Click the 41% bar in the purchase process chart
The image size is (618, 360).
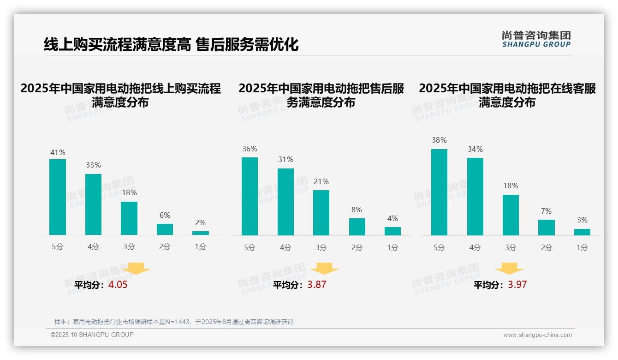click(58, 197)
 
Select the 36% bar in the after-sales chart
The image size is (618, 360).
click(250, 196)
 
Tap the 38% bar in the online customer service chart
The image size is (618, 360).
click(439, 192)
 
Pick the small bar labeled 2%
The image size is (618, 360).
click(201, 233)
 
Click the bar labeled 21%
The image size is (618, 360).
click(321, 213)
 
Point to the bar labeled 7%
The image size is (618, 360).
click(547, 228)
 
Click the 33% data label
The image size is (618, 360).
click(93, 165)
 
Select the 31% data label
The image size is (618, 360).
click(285, 160)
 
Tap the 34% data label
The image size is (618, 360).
click(475, 150)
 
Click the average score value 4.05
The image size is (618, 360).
click(118, 285)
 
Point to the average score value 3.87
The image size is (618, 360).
click(317, 285)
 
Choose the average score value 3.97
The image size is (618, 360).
click(517, 285)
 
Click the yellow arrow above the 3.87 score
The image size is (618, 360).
click(325, 268)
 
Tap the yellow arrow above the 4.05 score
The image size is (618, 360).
click(137, 268)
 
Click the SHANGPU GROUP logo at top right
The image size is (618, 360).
click(536, 39)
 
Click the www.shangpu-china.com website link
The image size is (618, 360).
click(537, 335)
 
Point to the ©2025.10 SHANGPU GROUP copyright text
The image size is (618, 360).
click(92, 335)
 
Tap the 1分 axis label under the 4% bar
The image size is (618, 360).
click(392, 248)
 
